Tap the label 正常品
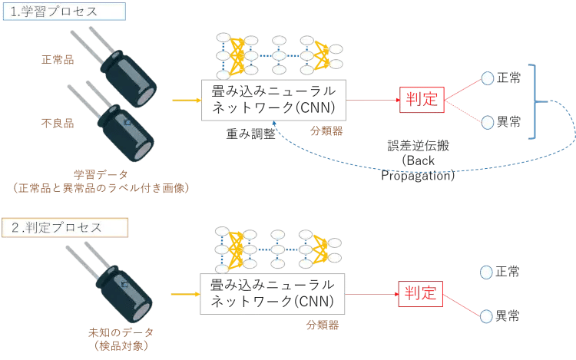click(x=58, y=59)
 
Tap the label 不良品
click(x=58, y=121)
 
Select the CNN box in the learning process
click(x=273, y=100)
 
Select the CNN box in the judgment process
click(x=273, y=292)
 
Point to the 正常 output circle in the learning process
click(x=487, y=78)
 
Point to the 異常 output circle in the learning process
click(x=487, y=121)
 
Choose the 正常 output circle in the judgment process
click(x=486, y=272)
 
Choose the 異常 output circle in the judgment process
click(x=486, y=315)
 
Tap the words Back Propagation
click(x=419, y=168)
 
